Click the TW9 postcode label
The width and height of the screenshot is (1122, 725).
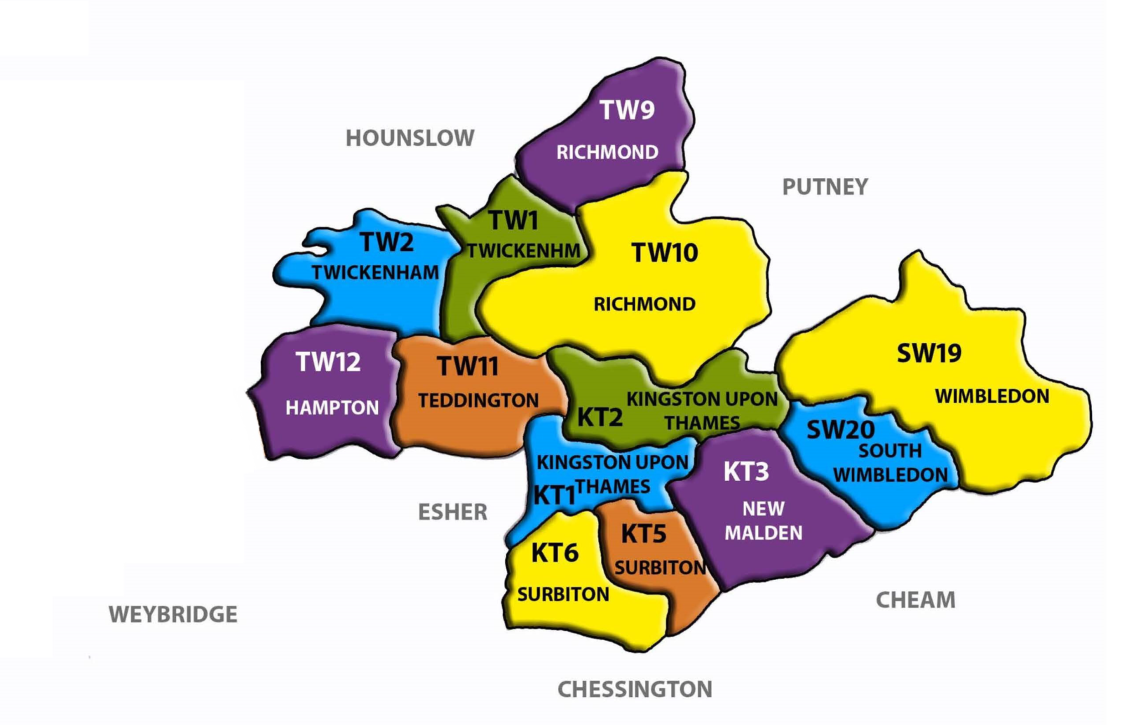(x=626, y=110)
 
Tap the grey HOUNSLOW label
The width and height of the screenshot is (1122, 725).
(x=410, y=138)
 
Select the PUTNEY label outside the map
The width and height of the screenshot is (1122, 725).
(x=825, y=187)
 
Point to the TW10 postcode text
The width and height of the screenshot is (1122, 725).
(x=664, y=252)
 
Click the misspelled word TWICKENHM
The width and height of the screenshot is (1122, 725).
(x=523, y=251)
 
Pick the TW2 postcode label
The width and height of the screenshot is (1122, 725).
(x=386, y=243)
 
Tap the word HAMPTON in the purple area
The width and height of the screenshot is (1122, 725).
(x=332, y=408)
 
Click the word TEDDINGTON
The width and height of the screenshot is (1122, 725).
(x=478, y=400)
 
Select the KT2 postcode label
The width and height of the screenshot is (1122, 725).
(x=600, y=418)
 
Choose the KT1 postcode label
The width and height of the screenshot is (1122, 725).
(x=554, y=496)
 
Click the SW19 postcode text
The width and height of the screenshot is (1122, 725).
(x=928, y=353)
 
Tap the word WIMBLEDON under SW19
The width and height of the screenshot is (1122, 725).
(x=992, y=396)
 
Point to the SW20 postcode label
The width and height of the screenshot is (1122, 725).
(x=840, y=430)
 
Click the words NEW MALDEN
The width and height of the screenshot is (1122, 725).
(x=763, y=520)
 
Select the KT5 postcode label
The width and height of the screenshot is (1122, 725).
(x=643, y=534)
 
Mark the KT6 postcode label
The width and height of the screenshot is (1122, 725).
(x=554, y=553)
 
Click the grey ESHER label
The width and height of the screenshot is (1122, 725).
(x=452, y=513)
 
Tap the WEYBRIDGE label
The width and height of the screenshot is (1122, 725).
(x=173, y=614)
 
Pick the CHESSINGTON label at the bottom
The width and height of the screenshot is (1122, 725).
(x=634, y=689)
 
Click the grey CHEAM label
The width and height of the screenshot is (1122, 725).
(x=915, y=600)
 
